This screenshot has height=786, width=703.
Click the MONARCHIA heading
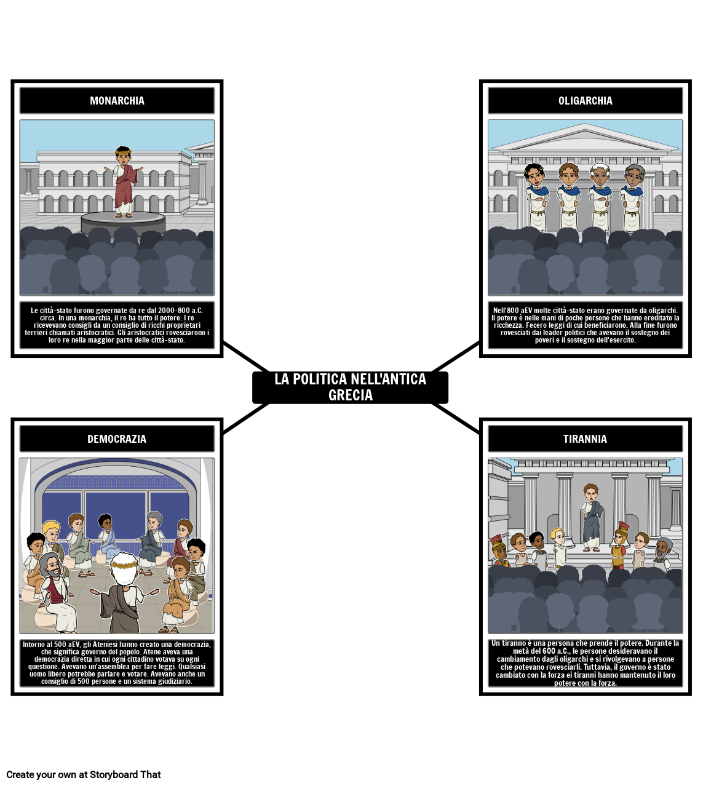click(x=117, y=101)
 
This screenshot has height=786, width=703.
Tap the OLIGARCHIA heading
click(x=585, y=101)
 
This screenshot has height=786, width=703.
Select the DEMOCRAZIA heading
click(x=117, y=439)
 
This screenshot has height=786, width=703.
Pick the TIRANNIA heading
click(x=585, y=439)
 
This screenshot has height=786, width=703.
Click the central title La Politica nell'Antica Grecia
click(x=351, y=387)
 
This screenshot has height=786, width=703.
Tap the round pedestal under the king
click(x=123, y=222)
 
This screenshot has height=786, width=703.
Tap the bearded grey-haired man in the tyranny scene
click(x=662, y=553)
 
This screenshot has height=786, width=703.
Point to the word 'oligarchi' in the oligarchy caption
click(x=662, y=311)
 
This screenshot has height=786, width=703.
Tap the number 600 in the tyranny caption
click(x=550, y=651)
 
